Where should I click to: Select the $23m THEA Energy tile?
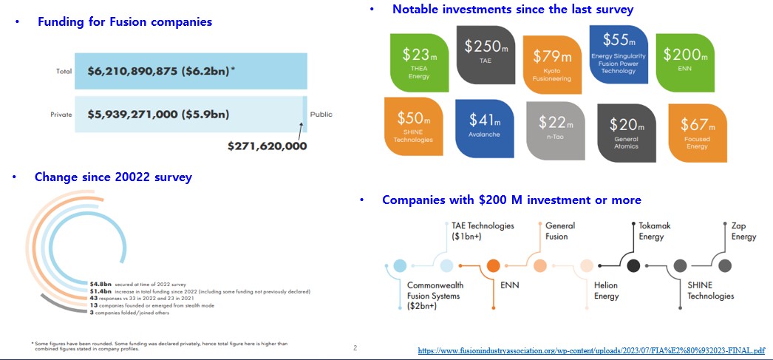418,61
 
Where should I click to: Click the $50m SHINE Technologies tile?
414,126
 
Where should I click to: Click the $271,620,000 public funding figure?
268,146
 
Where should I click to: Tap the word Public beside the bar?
321,115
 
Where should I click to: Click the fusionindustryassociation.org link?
591,350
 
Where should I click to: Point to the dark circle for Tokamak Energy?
633,265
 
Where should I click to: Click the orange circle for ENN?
493,265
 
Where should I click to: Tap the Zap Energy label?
743,231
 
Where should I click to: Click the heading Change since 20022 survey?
113,177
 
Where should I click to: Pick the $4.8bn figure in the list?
101,284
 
